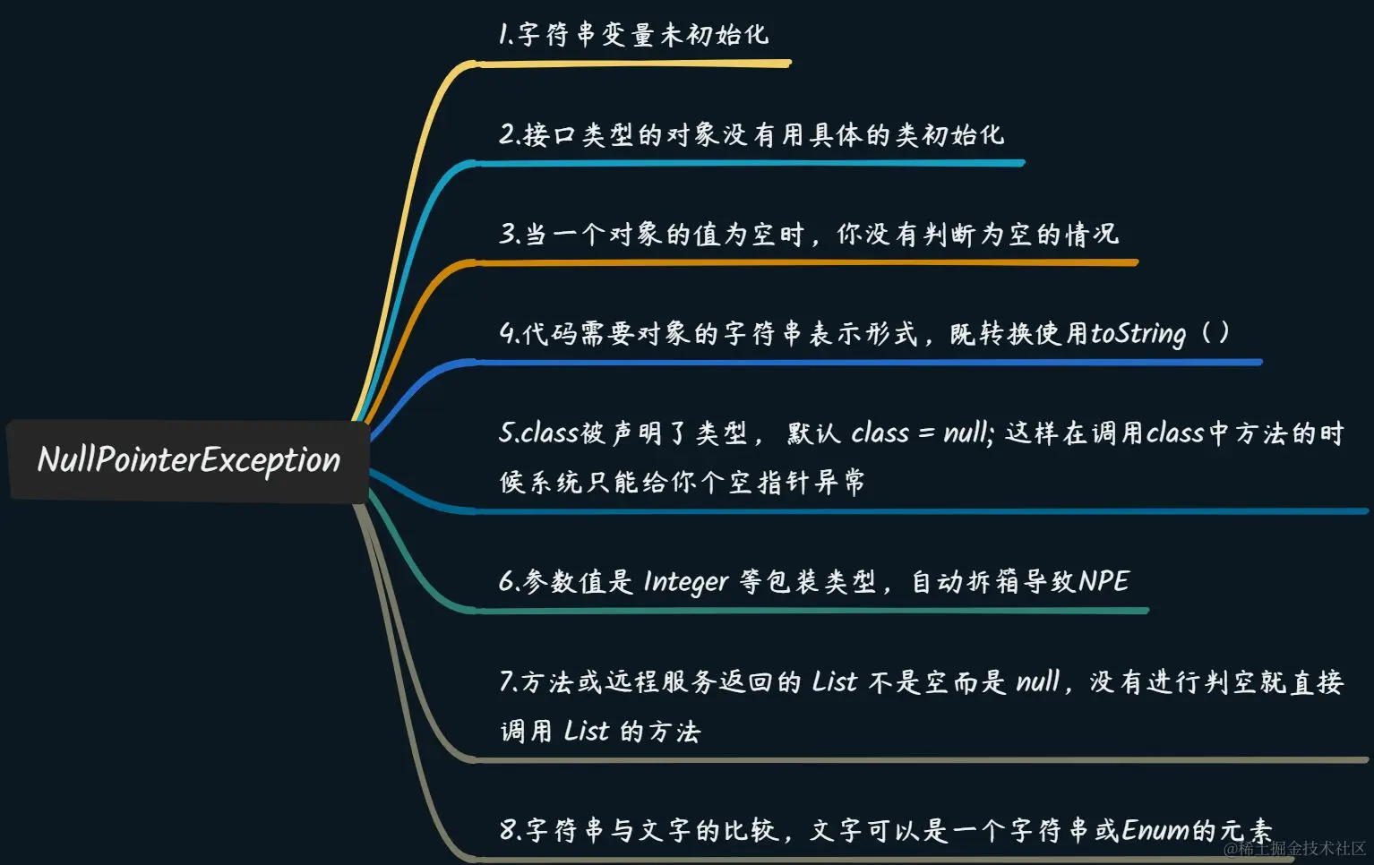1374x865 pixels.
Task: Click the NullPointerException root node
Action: tap(188, 460)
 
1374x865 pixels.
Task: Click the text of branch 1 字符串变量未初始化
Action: tap(633, 35)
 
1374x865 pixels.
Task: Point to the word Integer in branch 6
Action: tap(686, 582)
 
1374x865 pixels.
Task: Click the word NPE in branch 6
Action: tap(1103, 581)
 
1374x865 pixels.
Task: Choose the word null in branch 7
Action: tap(1038, 682)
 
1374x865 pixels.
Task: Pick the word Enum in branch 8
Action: tap(1155, 830)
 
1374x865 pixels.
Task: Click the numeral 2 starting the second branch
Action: tap(508, 135)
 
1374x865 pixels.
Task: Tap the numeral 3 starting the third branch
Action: tap(508, 235)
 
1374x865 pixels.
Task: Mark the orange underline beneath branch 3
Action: tap(806, 262)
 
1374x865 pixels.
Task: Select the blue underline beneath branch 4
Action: tap(869, 363)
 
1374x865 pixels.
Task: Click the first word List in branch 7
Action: tap(835, 682)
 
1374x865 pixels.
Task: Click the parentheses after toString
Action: tap(1215, 333)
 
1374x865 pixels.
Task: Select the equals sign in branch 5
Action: tap(926, 434)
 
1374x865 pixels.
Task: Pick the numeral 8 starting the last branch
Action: tap(508, 830)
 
